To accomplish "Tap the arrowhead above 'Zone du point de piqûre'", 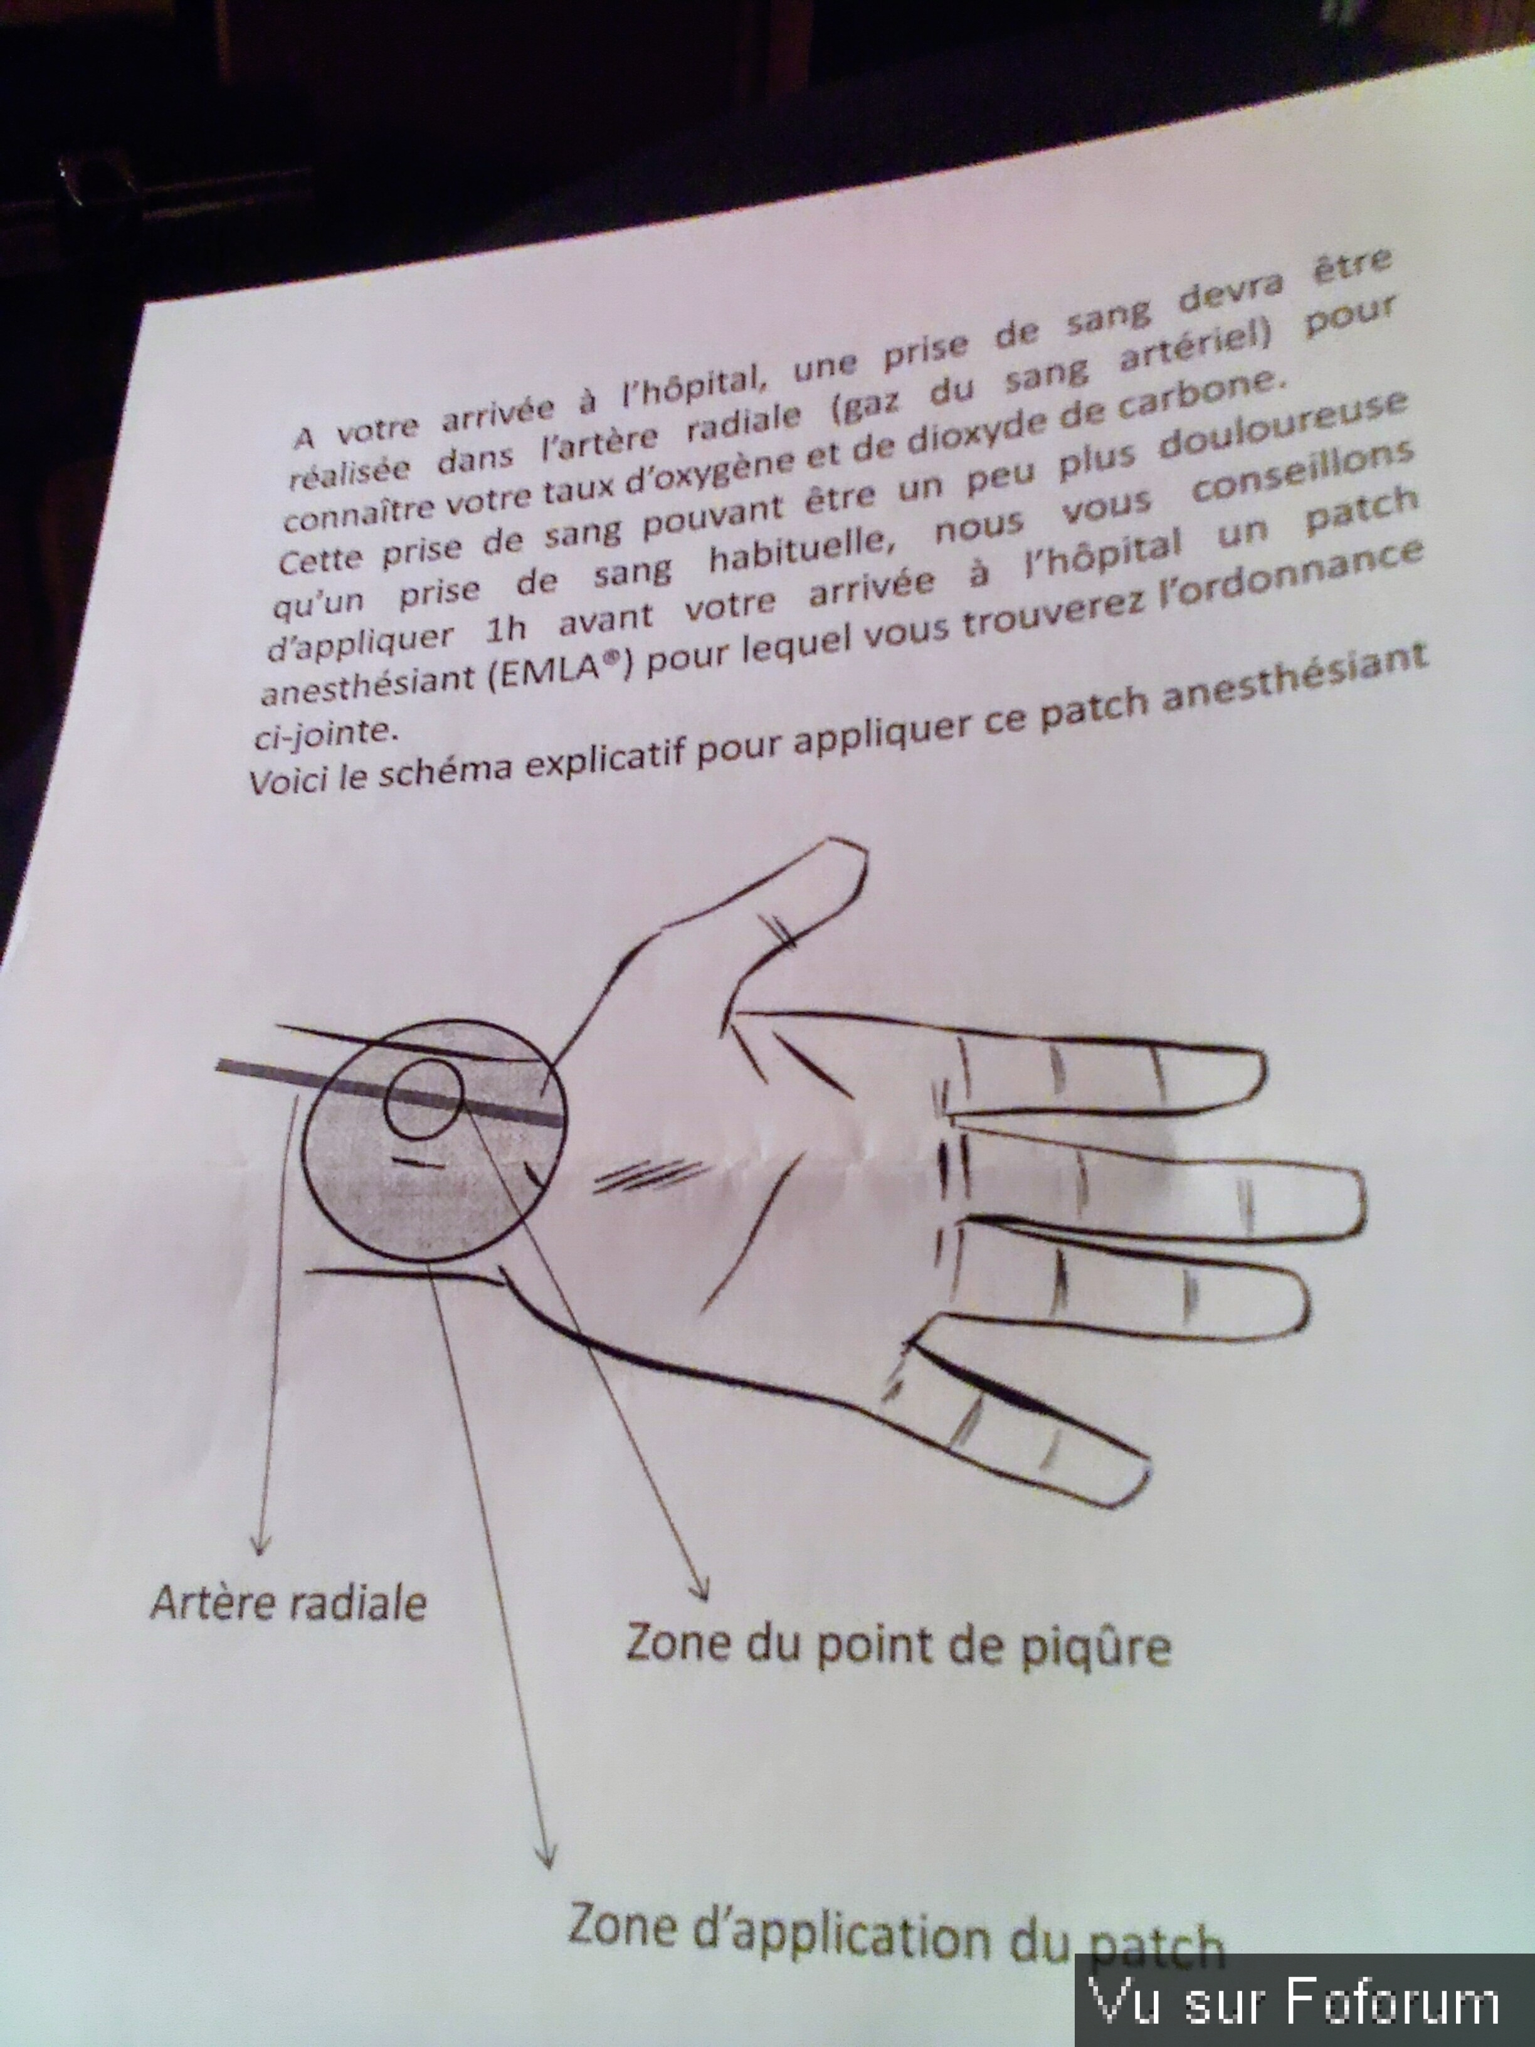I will pos(702,1590).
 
